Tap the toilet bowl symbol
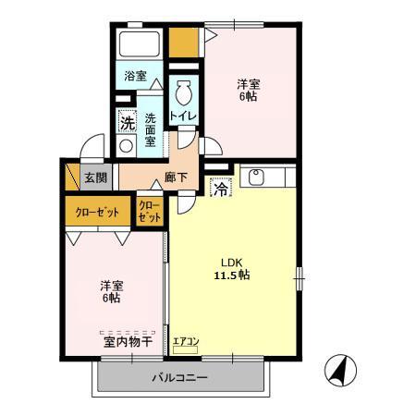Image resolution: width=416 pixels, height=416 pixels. point(182,92)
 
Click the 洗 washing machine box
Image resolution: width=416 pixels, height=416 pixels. point(125,119)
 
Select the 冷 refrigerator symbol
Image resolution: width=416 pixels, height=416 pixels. point(222,188)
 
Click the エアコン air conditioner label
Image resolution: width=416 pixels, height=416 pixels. point(185,344)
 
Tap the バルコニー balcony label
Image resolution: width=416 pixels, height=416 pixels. point(180,378)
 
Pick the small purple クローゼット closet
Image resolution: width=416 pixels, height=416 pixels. point(149,211)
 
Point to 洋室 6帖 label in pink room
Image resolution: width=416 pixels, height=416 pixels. point(112,291)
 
